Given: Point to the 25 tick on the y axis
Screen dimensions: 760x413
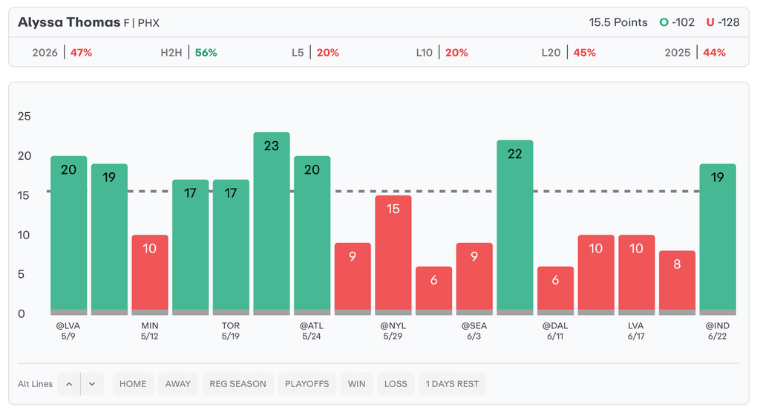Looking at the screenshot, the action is [x=24, y=116].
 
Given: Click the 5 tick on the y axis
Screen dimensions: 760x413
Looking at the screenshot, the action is [x=21, y=274].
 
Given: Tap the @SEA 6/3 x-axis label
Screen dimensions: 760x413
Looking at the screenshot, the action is [x=474, y=331].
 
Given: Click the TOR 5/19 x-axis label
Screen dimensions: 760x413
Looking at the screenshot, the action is [x=231, y=331].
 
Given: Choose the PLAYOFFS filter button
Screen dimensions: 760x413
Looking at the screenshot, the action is [x=307, y=384].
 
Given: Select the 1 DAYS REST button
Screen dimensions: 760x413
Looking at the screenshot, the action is [x=452, y=384].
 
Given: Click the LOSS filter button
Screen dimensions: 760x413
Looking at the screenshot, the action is [x=396, y=384].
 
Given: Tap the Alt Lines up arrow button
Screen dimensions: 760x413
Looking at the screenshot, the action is [x=69, y=384].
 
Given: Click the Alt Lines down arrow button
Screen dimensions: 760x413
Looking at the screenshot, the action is [x=92, y=384].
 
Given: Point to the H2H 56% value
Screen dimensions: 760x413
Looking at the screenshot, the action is [x=206, y=53].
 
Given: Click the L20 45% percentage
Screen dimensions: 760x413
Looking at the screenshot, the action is [x=585, y=53].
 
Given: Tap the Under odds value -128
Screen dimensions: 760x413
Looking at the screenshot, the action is [x=729, y=22].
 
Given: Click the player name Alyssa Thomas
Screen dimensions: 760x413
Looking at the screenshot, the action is [x=69, y=22].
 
